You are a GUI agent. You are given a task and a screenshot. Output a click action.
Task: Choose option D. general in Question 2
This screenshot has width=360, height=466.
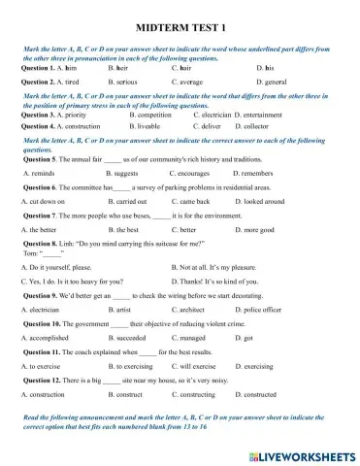coord(276,83)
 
